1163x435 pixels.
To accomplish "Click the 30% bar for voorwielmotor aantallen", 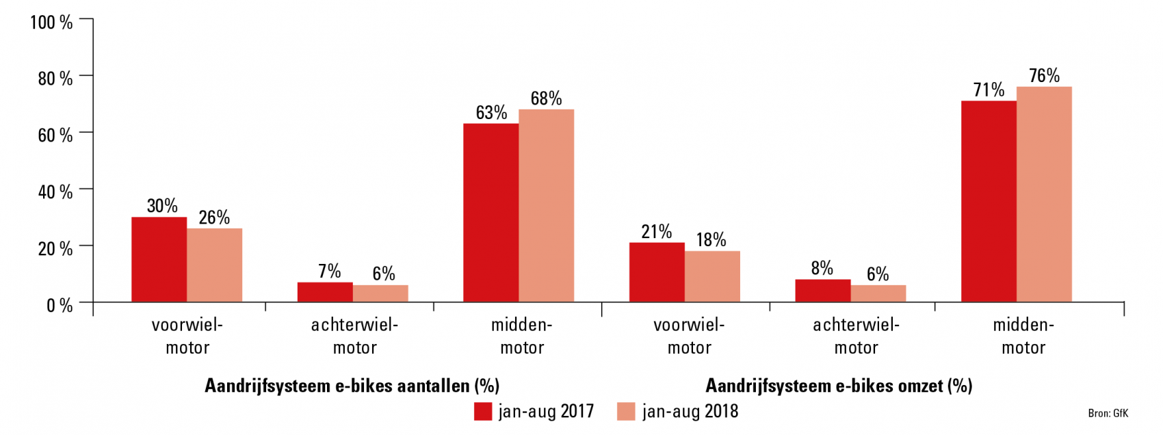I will pyautogui.click(x=159, y=260).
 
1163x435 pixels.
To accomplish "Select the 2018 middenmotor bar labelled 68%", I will pyautogui.click(x=546, y=205).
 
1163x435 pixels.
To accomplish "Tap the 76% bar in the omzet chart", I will pyautogui.click(x=1044, y=195).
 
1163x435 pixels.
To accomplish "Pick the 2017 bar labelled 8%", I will pyautogui.click(x=822, y=291).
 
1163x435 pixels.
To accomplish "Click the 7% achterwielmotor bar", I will pyautogui.click(x=325, y=292).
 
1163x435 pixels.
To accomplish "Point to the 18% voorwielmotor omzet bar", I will pyautogui.click(x=712, y=277).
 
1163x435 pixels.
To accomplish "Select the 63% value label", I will pyautogui.click(x=491, y=113).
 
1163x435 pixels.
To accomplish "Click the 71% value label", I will pyautogui.click(x=989, y=90).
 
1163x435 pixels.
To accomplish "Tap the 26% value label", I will pyautogui.click(x=214, y=217).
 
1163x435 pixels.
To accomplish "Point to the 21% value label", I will pyautogui.click(x=656, y=232).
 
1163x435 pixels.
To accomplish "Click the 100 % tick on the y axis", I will pyautogui.click(x=51, y=22).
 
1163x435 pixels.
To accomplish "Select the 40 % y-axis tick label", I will pyautogui.click(x=55, y=192).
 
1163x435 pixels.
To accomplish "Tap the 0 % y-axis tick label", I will pyautogui.click(x=59, y=305).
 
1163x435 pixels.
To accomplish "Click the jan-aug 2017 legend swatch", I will pyautogui.click(x=483, y=411).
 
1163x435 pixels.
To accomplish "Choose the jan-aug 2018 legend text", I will pyautogui.click(x=690, y=411).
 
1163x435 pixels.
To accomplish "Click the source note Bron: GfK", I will pyautogui.click(x=1108, y=413).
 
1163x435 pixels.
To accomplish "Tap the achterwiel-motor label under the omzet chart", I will pyautogui.click(x=856, y=336).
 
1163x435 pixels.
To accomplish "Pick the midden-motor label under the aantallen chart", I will pyautogui.click(x=521, y=336).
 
